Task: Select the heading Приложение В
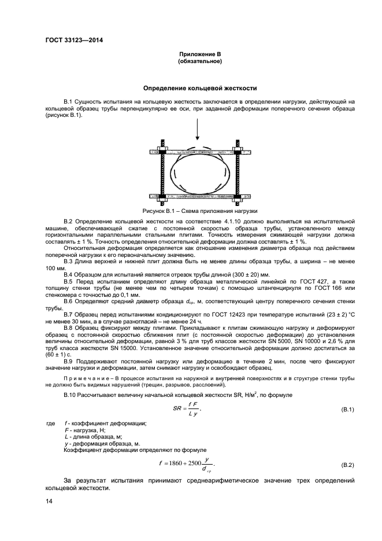pos(200,54)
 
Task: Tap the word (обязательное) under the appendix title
pos(200,61)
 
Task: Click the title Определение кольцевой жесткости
pos(200,89)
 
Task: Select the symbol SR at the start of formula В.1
pos(177,409)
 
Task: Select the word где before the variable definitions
pos(50,424)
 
